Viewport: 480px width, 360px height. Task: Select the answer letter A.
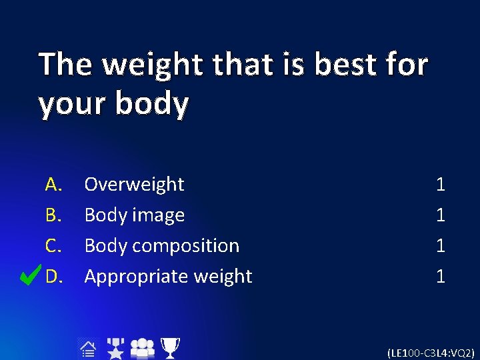point(53,184)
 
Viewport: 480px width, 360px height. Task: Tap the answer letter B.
point(53,215)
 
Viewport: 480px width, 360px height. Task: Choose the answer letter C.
point(53,245)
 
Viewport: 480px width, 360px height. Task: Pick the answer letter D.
point(54,276)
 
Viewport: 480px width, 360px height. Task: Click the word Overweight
point(134,184)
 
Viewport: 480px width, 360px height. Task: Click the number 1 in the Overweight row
point(440,184)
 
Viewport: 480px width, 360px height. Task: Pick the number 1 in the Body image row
point(440,215)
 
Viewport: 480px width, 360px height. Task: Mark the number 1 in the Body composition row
point(440,245)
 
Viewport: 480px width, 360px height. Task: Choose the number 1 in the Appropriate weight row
point(440,276)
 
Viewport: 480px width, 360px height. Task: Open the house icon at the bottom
point(87,349)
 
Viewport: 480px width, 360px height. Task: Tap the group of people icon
point(142,348)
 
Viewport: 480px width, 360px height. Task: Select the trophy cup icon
point(171,348)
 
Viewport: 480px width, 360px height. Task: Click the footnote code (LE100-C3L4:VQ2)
point(431,352)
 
